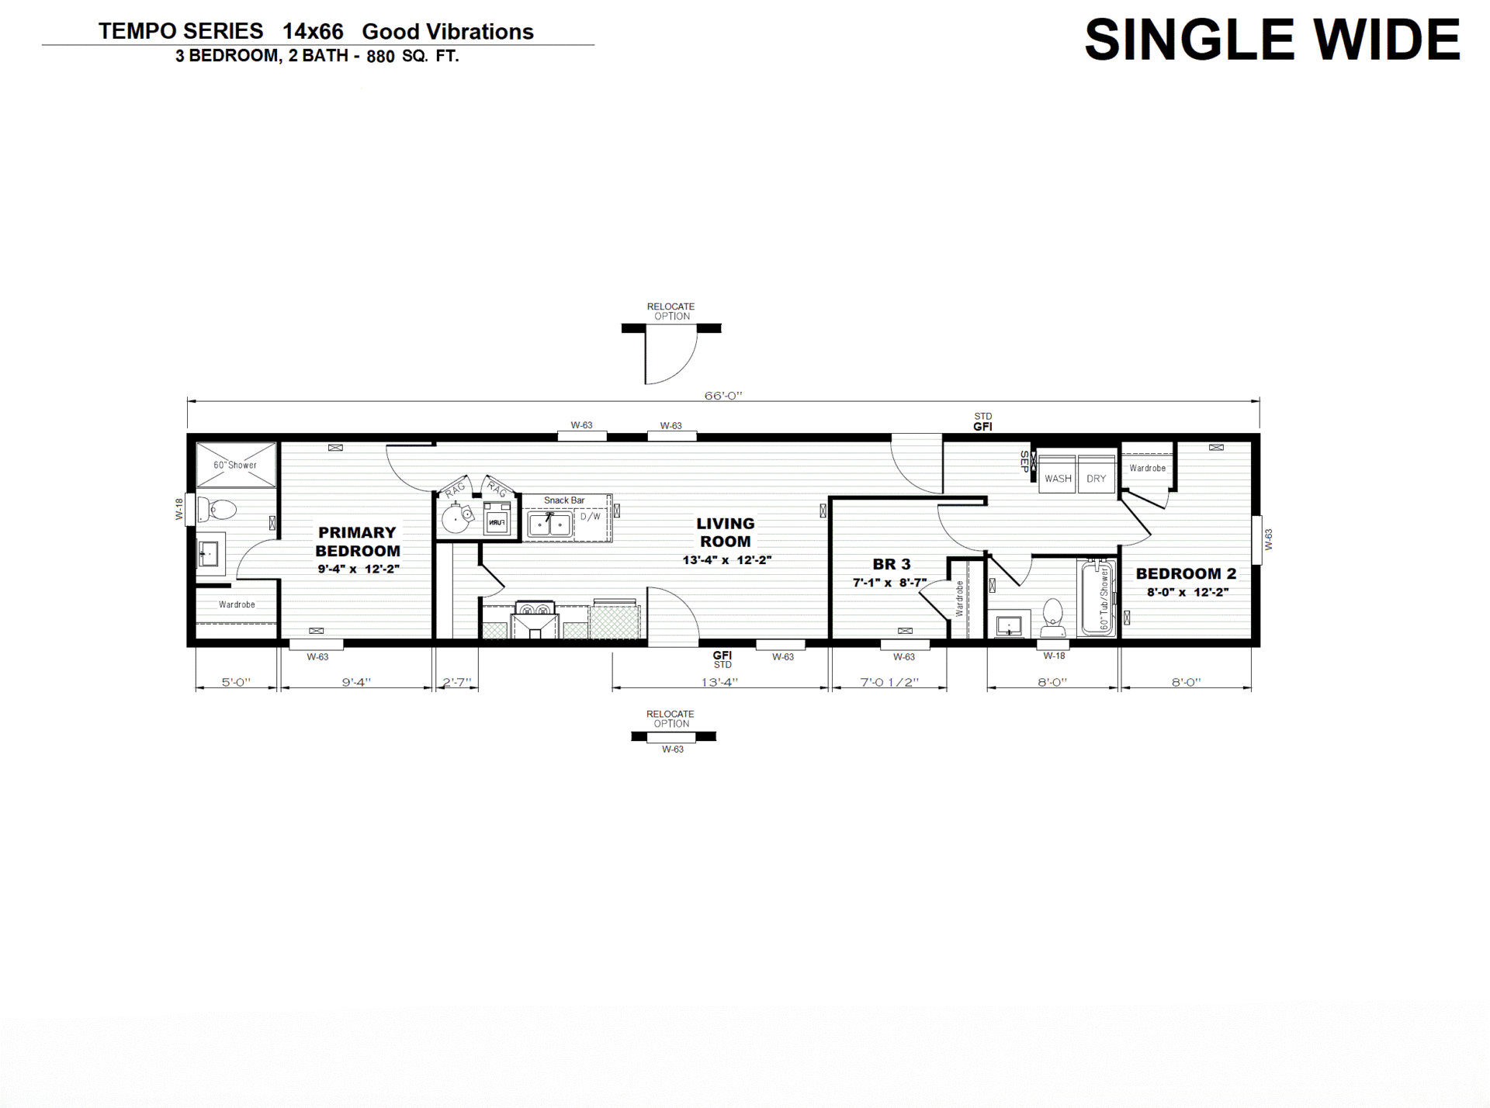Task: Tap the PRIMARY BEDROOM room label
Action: (358, 542)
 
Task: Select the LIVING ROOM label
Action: (726, 532)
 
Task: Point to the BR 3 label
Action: (891, 564)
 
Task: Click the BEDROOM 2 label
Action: (1186, 573)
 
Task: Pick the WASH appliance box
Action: (1057, 474)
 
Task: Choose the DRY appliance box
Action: (1096, 474)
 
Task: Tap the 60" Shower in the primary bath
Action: (236, 465)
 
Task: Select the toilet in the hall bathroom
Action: (1052, 613)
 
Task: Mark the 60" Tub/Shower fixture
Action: (1097, 597)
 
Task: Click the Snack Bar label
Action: (564, 500)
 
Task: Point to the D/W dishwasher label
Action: (591, 516)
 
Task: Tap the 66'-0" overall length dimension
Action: (723, 396)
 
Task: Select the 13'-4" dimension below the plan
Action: (719, 682)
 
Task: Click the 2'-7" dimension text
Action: (457, 682)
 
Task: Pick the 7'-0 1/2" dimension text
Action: (889, 682)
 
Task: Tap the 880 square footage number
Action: (380, 57)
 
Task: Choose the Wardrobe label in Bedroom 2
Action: (1148, 468)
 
